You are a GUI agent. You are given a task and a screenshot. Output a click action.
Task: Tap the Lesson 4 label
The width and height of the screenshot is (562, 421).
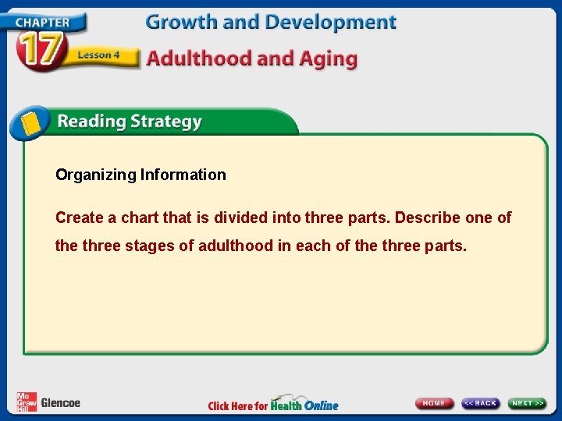[x=99, y=55]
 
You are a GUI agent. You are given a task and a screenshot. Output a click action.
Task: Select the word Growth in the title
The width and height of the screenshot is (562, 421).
[x=177, y=23]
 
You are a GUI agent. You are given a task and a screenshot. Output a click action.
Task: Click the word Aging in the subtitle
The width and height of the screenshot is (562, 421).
[x=327, y=59]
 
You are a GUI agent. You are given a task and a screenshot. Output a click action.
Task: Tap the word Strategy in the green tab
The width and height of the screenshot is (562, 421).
[x=166, y=122]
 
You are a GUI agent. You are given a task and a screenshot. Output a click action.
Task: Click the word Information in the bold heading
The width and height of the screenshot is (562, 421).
[x=183, y=175]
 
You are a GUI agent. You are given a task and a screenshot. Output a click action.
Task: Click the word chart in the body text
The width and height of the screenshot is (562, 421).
[x=144, y=218]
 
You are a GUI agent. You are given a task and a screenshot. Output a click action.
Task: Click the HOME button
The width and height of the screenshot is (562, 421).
[x=434, y=403]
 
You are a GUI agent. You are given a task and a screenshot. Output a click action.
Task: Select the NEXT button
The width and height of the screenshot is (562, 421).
[x=528, y=403]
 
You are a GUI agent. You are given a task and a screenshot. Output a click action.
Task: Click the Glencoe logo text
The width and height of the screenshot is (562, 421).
[x=60, y=403]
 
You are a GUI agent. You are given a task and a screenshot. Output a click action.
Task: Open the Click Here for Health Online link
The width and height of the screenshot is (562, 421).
[x=272, y=405]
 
